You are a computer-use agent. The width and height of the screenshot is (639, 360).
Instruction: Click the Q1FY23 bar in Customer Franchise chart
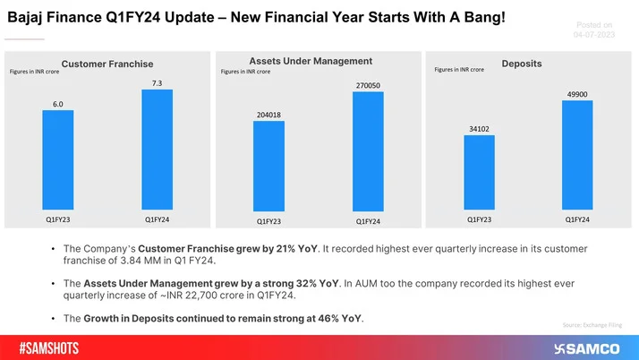click(58, 159)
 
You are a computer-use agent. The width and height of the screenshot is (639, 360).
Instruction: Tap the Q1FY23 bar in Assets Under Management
click(269, 167)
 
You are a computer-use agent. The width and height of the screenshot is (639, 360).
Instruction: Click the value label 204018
click(269, 114)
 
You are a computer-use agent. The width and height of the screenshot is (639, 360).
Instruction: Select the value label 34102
click(479, 127)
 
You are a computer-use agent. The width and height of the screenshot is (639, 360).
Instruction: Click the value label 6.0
click(58, 103)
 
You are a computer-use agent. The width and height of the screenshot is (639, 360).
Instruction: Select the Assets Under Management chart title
click(319, 61)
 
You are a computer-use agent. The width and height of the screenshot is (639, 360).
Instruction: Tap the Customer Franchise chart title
click(107, 64)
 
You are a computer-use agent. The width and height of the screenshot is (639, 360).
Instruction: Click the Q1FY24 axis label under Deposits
click(577, 219)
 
